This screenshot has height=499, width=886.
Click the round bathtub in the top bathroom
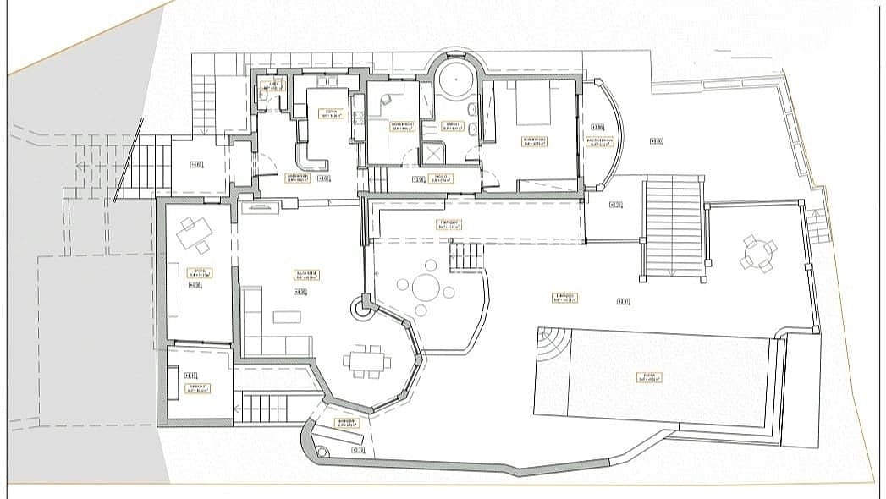457,82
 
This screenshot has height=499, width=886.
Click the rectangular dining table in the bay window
367,361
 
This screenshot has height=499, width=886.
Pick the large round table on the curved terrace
426,288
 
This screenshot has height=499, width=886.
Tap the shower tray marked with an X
434,153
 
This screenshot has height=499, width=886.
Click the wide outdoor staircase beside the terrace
673,227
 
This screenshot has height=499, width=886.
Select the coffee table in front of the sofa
286,317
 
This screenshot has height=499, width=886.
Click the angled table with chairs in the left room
193,234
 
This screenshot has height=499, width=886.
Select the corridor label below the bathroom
441,178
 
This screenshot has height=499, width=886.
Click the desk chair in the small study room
387,99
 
